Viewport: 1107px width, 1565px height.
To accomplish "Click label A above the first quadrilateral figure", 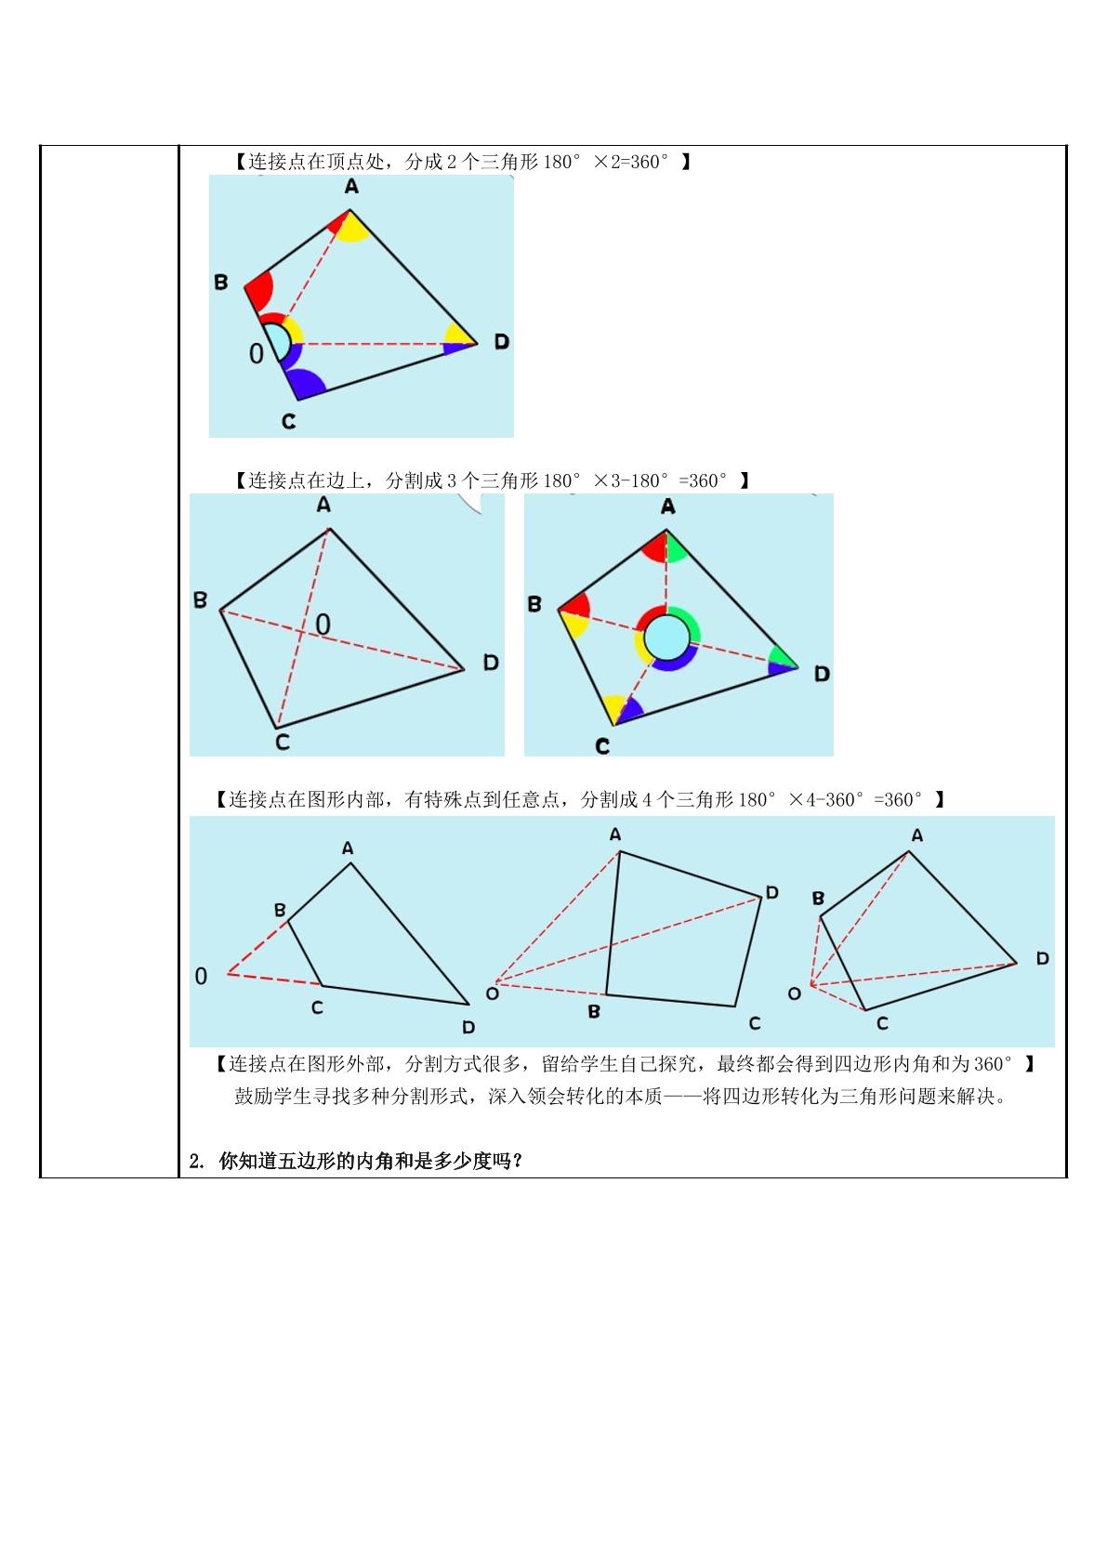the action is (351, 187).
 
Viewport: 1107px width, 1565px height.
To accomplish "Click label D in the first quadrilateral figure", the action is (502, 342).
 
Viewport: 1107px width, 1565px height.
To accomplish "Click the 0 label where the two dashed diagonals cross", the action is (323, 624).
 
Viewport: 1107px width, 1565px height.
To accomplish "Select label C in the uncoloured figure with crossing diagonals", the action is (283, 742).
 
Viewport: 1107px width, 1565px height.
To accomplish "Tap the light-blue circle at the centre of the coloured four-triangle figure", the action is (666, 637).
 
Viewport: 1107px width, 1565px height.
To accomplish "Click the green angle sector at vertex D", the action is (782, 657).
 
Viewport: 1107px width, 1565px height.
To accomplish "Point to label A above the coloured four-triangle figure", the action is (668, 506).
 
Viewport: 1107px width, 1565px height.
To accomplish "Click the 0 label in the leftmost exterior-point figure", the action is (202, 976).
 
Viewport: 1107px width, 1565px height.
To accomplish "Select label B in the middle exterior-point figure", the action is (594, 1011).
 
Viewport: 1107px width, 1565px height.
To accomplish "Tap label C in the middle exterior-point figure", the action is (755, 1023).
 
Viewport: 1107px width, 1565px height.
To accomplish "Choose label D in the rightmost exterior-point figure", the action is (1043, 958).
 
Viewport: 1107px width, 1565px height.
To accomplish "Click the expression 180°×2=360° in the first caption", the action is (606, 162).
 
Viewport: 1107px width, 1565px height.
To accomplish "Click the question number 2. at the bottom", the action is (196, 1162).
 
